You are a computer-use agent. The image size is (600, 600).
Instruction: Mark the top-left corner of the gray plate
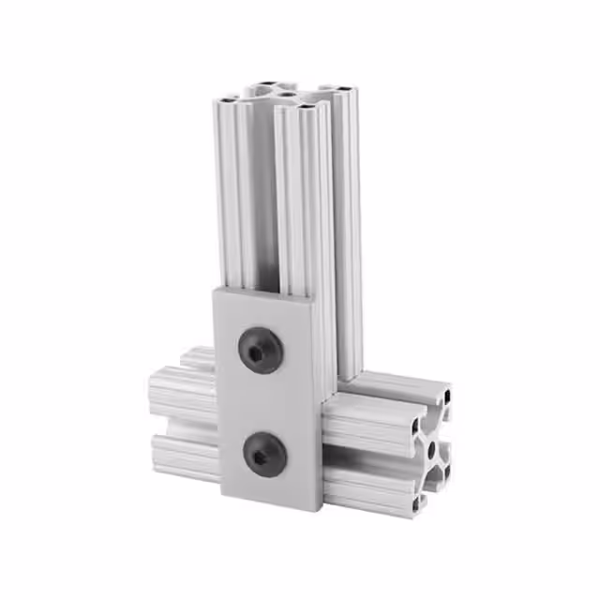[214, 289]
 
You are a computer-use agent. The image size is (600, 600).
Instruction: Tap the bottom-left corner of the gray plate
[223, 494]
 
